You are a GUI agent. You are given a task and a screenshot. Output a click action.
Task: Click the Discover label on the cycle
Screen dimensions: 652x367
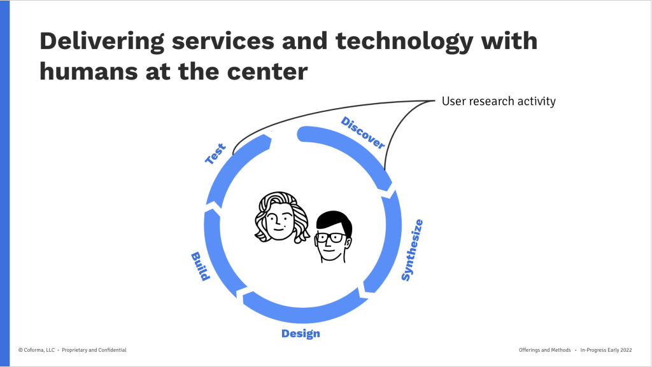(362, 132)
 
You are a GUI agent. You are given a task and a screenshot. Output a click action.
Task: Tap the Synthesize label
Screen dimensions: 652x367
(412, 250)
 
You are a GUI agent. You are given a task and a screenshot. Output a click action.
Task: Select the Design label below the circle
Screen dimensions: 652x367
(301, 334)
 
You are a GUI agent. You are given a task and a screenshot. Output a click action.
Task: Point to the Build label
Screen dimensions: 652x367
(200, 266)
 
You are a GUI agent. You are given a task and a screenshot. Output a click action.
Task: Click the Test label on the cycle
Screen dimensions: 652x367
(216, 154)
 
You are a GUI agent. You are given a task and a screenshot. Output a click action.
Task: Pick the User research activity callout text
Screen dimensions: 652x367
(499, 101)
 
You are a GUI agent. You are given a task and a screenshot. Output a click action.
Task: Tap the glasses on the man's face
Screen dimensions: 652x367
(330, 238)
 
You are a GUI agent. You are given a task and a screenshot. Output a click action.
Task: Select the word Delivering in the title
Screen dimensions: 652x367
(102, 41)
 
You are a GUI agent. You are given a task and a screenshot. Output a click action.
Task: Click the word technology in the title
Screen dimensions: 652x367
(404, 41)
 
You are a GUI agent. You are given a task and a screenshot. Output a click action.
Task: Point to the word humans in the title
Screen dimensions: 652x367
(89, 71)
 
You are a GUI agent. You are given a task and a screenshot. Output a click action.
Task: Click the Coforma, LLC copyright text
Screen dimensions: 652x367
(36, 350)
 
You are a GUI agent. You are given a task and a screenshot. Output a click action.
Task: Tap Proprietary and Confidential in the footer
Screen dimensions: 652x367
(94, 350)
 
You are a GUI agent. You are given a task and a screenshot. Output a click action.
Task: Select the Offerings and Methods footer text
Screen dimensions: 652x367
(545, 350)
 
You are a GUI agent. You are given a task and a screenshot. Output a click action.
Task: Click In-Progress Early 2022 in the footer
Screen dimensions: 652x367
(606, 350)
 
